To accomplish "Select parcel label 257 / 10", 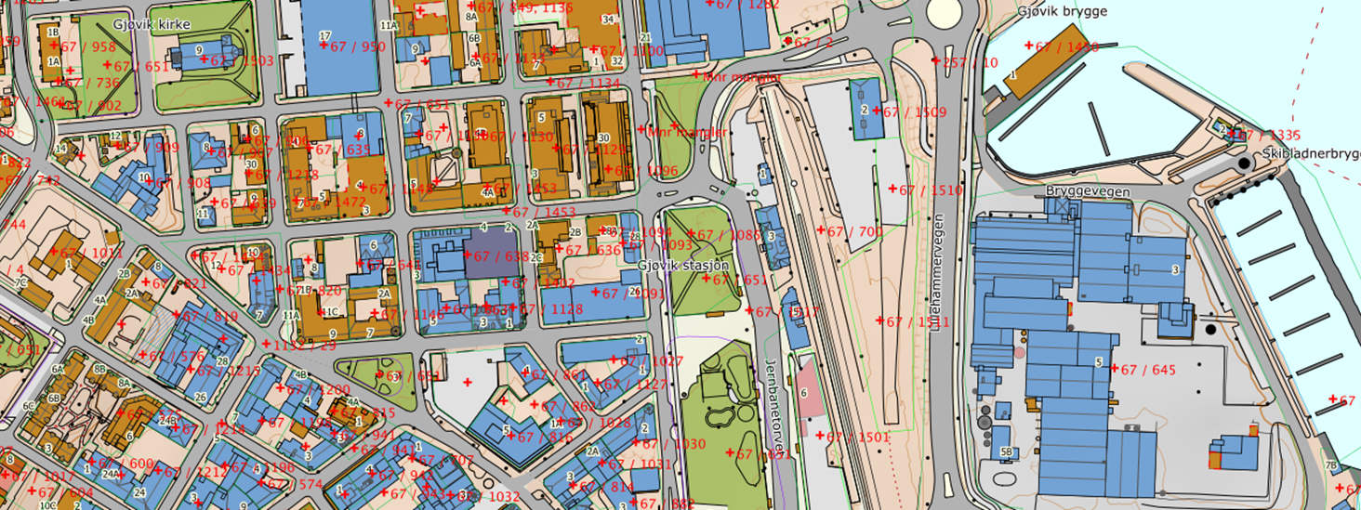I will click(970, 63).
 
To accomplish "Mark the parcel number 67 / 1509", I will click(913, 112).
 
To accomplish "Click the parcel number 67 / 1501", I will click(857, 437).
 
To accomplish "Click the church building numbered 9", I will click(199, 50).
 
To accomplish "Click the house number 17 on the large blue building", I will click(324, 36).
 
